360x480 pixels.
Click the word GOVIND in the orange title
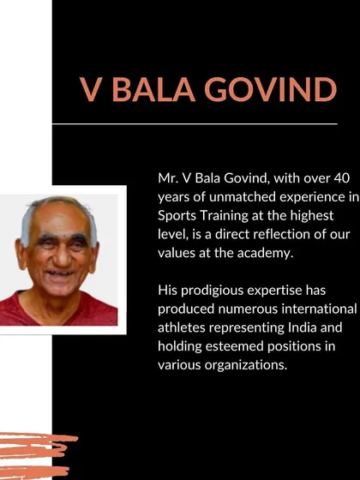(x=271, y=89)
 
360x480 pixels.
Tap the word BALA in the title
(x=153, y=89)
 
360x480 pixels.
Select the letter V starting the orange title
(x=91, y=89)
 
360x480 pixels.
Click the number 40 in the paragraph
(x=341, y=178)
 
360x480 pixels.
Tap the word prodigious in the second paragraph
(x=213, y=291)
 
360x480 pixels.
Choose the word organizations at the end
(x=246, y=365)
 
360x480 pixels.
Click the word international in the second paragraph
(x=319, y=309)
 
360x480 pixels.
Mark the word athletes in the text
(x=181, y=327)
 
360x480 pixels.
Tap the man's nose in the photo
(x=63, y=257)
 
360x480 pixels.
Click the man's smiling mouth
(x=59, y=273)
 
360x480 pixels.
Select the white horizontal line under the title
(x=195, y=124)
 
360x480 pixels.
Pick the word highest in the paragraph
(x=312, y=216)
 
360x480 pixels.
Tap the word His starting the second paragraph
(x=167, y=291)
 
